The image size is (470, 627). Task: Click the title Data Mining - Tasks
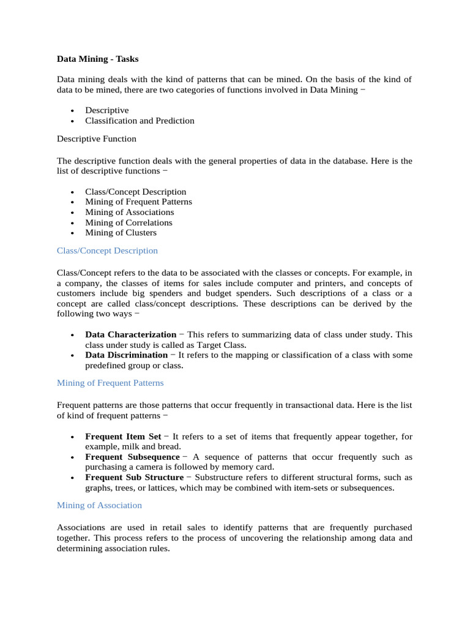(97, 59)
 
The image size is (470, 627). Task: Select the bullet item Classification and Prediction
(140, 121)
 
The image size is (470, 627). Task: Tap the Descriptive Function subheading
(97, 139)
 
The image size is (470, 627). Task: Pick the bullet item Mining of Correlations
(129, 222)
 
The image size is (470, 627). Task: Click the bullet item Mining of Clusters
(121, 233)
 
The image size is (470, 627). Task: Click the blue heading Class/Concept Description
(107, 250)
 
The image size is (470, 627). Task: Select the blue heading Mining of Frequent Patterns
(110, 383)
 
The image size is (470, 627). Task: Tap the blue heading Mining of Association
(99, 505)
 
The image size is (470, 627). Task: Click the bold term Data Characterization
(130, 335)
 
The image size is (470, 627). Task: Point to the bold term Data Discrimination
(126, 355)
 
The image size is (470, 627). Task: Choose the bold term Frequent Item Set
(123, 437)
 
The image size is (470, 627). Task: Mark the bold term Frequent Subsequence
(132, 457)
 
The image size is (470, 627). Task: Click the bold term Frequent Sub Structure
(134, 478)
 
